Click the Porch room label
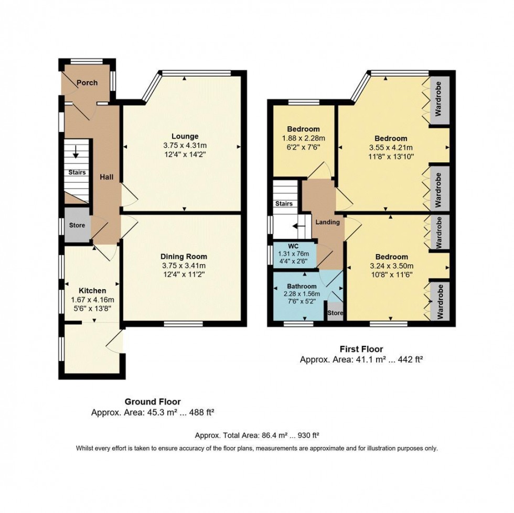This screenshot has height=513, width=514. point(86,83)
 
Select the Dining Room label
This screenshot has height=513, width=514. point(184,256)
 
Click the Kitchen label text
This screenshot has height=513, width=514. point(92,290)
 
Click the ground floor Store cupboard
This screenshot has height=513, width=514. point(77,225)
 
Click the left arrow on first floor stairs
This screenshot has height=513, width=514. point(296,226)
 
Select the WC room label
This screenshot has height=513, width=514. point(293,246)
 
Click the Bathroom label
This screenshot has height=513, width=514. point(302,286)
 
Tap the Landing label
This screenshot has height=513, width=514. point(327,222)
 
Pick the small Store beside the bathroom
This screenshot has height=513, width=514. point(335,313)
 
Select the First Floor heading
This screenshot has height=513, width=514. point(361,349)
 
